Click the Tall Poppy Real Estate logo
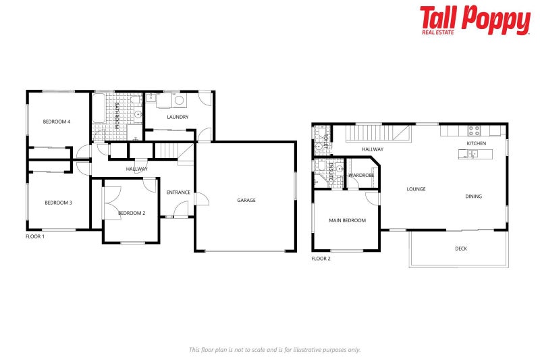tap(475, 20)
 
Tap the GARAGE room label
tap(246, 200)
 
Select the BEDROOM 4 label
tap(57, 122)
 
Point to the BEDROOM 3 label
tap(58, 203)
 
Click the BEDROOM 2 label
tap(132, 213)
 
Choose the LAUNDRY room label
tap(177, 117)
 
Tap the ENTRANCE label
tap(178, 192)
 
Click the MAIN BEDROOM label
tap(347, 220)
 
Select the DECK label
tap(460, 249)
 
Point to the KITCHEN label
tap(477, 144)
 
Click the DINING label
tap(474, 197)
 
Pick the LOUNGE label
tap(416, 189)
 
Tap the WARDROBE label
tap(361, 176)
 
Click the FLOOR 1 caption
tap(35, 236)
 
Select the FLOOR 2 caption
tap(321, 259)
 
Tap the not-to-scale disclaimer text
tap(275, 349)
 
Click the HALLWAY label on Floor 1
tap(136, 169)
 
